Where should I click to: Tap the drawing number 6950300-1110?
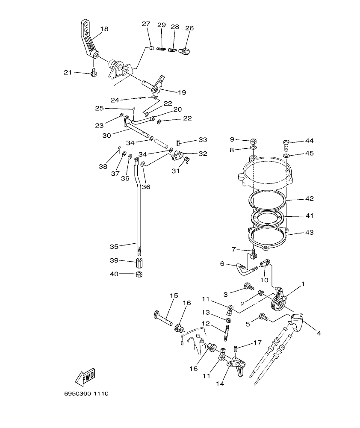(85, 393)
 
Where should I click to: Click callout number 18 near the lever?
(104, 29)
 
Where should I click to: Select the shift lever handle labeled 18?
(89, 39)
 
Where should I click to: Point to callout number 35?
(114, 247)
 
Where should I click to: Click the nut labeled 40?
(139, 274)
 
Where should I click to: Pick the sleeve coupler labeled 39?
(139, 262)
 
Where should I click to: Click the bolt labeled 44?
(287, 144)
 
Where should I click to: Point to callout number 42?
(310, 199)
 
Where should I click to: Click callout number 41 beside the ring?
(310, 216)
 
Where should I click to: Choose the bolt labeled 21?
(93, 73)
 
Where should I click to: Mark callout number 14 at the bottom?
(220, 384)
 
